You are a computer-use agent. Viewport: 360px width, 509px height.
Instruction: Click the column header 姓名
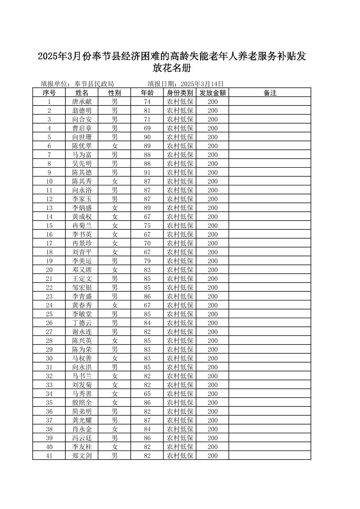tap(82, 93)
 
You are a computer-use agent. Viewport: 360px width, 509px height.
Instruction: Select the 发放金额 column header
tap(213, 93)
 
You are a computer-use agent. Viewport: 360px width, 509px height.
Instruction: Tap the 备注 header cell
tap(270, 93)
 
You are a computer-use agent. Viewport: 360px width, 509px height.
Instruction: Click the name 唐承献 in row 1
tap(82, 102)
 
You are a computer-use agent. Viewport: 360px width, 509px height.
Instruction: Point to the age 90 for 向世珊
tap(147, 137)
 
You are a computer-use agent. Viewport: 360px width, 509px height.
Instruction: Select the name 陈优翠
tap(82, 146)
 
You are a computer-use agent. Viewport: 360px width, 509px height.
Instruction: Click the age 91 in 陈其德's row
tap(147, 172)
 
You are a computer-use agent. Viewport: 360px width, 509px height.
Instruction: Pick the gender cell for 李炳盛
tap(115, 208)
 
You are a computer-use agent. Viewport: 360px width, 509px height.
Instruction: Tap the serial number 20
tap(49, 270)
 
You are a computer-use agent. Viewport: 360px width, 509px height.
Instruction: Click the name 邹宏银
tap(82, 288)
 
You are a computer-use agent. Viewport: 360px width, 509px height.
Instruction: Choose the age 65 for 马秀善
tap(147, 394)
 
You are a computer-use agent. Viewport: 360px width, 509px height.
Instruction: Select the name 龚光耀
tap(82, 420)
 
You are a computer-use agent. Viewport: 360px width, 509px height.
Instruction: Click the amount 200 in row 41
tap(213, 456)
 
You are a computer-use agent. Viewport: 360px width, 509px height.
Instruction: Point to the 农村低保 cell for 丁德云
tap(180, 323)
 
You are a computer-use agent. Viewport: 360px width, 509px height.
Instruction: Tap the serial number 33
tap(49, 385)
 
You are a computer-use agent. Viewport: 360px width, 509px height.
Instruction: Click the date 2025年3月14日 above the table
tap(202, 84)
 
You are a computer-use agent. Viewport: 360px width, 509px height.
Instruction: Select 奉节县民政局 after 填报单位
tap(94, 84)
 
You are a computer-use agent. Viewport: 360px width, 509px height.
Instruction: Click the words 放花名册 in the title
tap(172, 68)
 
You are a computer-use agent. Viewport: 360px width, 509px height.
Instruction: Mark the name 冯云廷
tap(82, 438)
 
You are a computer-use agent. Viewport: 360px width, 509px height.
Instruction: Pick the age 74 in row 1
tap(147, 102)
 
